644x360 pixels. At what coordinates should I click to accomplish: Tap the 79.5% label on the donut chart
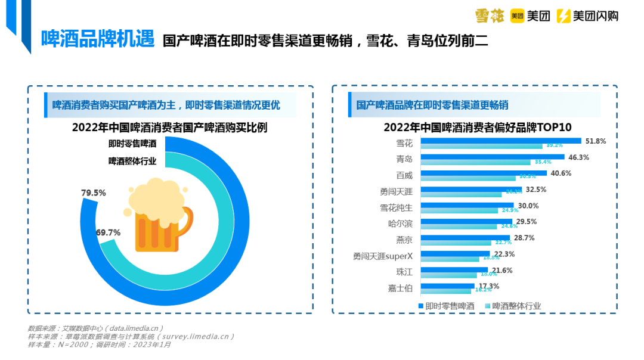coord(93,193)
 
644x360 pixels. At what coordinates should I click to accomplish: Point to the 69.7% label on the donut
coord(108,232)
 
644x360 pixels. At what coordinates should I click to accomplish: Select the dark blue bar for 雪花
coord(500,141)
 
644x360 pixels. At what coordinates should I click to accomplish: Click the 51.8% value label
coord(596,141)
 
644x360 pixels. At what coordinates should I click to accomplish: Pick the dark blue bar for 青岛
coord(492,157)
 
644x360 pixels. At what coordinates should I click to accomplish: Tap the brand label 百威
coord(404,175)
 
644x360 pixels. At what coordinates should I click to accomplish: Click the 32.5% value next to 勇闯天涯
coord(536,190)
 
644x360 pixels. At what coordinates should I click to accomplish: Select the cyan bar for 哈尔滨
coord(459,226)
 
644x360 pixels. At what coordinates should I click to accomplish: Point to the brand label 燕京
coord(404,240)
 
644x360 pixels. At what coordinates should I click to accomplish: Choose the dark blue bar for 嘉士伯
coord(447,285)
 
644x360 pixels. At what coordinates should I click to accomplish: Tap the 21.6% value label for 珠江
coord(501,270)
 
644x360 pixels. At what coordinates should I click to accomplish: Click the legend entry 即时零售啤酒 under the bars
coord(445,306)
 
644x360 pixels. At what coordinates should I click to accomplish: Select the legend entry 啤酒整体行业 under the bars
coord(512,306)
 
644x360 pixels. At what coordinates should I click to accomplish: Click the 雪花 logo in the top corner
coord(490,16)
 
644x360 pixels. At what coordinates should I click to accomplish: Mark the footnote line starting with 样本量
coord(100,344)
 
